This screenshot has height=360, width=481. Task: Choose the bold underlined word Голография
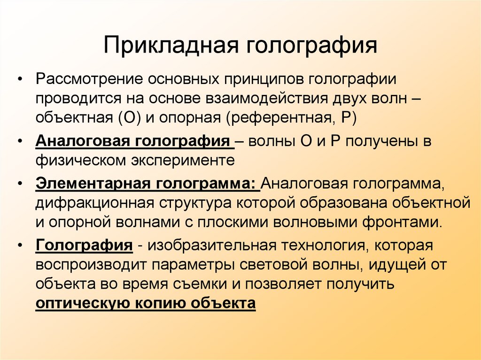[83, 245]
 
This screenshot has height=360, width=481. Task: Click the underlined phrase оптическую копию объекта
[146, 303]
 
